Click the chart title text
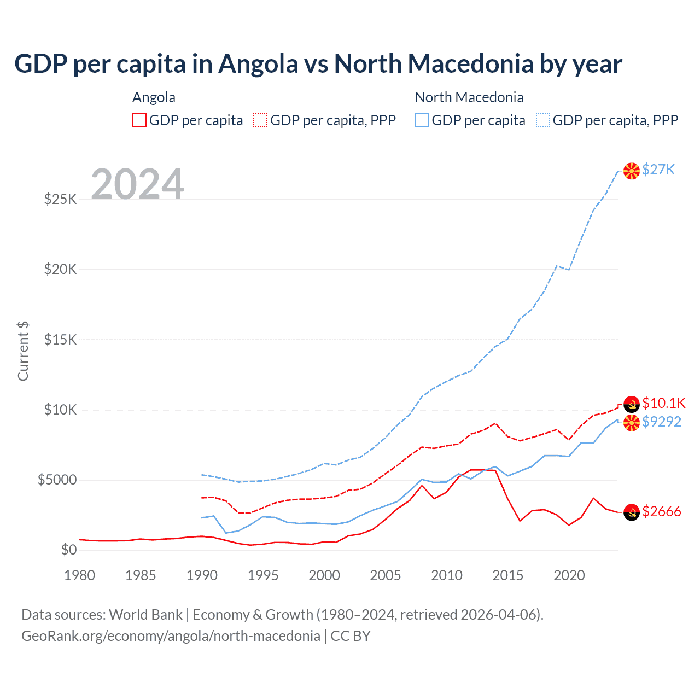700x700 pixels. [318, 64]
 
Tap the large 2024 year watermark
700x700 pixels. [137, 184]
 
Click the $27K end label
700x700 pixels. [658, 170]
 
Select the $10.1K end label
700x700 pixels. [663, 403]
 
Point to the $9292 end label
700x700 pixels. [662, 422]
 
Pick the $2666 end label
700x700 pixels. [662, 511]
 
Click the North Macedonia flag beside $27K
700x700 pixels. [632, 171]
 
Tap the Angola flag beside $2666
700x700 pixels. [632, 512]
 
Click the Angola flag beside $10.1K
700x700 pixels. [632, 404]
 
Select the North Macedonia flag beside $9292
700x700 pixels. [632, 423]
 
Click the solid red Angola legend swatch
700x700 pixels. [139, 120]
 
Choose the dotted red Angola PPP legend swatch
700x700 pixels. [260, 120]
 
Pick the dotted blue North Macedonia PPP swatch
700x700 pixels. [543, 120]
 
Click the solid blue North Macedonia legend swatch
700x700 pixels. [422, 120]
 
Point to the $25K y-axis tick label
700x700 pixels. [61, 199]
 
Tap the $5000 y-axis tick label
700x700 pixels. [57, 480]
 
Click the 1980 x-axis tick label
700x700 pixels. [80, 575]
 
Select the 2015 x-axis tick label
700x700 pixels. [507, 575]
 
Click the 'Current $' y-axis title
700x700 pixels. [23, 351]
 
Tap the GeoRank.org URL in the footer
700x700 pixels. [171, 636]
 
